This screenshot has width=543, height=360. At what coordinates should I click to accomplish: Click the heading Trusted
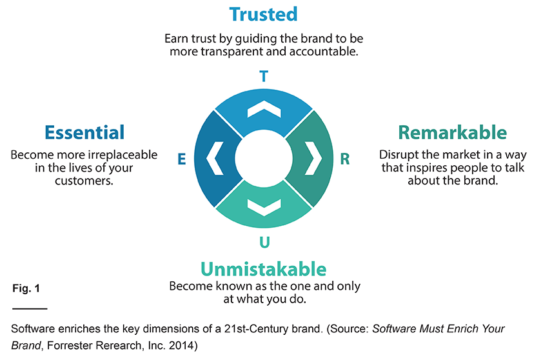(x=263, y=15)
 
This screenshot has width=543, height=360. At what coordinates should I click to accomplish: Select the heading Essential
(x=84, y=132)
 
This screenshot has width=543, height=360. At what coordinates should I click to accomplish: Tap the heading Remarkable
(x=452, y=132)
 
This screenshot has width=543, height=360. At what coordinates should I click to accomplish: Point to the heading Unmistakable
(x=264, y=269)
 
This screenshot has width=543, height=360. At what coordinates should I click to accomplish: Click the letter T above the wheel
(x=264, y=76)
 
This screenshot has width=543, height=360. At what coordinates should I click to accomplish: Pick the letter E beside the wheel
(x=182, y=159)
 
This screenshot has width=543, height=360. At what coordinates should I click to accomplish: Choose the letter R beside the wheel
(x=345, y=159)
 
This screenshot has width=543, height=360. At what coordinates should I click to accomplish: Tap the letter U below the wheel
(x=264, y=242)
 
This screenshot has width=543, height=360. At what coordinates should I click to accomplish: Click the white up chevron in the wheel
(x=264, y=108)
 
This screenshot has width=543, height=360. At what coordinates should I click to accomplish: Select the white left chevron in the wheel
(x=214, y=158)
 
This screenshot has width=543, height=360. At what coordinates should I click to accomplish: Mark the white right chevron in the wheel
(x=313, y=158)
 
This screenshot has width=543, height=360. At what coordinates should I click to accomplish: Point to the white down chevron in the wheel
(x=264, y=207)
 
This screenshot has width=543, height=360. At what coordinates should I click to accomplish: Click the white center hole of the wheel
(x=264, y=158)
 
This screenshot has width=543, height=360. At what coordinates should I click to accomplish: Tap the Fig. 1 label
(x=26, y=288)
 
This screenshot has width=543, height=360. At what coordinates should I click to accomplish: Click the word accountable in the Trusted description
(x=324, y=52)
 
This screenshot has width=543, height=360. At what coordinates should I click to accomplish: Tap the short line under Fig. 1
(x=30, y=308)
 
